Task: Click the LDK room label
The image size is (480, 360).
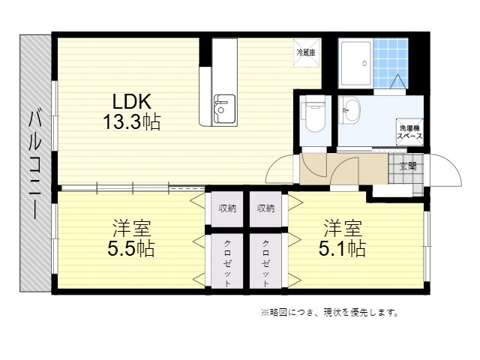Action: click(132, 101)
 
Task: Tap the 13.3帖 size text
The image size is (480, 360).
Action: click(132, 121)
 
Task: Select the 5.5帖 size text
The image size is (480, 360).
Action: click(131, 248)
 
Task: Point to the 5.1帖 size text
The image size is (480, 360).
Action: click(342, 248)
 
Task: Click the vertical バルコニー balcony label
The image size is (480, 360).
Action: click(34, 163)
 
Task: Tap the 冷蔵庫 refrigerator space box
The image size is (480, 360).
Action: click(307, 52)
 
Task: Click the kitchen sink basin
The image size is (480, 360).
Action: click(225, 108)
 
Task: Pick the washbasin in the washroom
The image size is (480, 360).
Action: click(349, 110)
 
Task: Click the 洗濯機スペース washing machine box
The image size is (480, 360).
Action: click(409, 132)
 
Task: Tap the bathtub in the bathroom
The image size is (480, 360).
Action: click(355, 63)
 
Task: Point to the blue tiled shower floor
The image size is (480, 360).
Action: click(391, 63)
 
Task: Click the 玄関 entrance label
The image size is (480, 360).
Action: click(408, 166)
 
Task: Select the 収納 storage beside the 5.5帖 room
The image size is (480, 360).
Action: click(227, 209)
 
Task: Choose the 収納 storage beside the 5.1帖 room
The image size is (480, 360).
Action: click(265, 209)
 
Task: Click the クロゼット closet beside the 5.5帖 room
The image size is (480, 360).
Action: click(227, 261)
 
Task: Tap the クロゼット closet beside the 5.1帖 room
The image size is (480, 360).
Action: click(265, 261)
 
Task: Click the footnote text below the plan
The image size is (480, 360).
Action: click(329, 313)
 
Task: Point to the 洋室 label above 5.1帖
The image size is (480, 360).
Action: click(343, 228)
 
